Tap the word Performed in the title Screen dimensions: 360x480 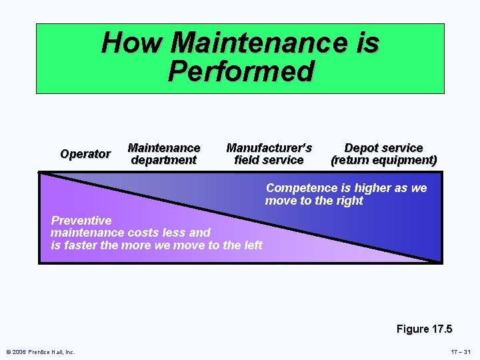tap(241, 71)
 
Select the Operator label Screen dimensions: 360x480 tap(85, 154)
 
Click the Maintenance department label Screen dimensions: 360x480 tap(163, 154)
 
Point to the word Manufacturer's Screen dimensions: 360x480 tap(269, 148)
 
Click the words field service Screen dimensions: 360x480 tap(269, 161)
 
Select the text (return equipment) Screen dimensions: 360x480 tap(384, 161)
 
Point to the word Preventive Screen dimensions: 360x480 tap(81, 221)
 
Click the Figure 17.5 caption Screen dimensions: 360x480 tap(424, 329)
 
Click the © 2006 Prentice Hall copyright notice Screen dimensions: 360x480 tap(41, 352)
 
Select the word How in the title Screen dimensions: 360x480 tap(133, 43)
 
